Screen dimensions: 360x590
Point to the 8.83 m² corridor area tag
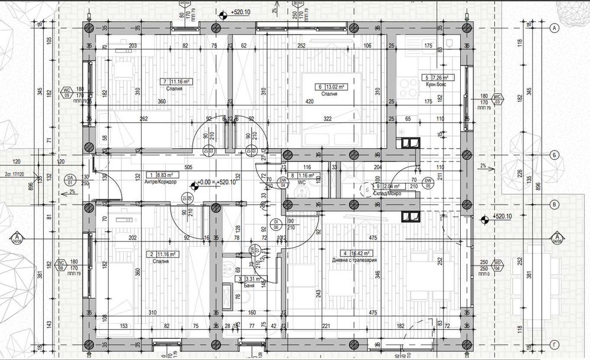158,175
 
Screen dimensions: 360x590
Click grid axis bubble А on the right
554,28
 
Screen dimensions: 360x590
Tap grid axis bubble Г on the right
554,343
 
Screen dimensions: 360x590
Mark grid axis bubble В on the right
554,205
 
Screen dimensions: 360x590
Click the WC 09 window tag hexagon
67,93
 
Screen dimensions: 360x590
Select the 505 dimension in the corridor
188,167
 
